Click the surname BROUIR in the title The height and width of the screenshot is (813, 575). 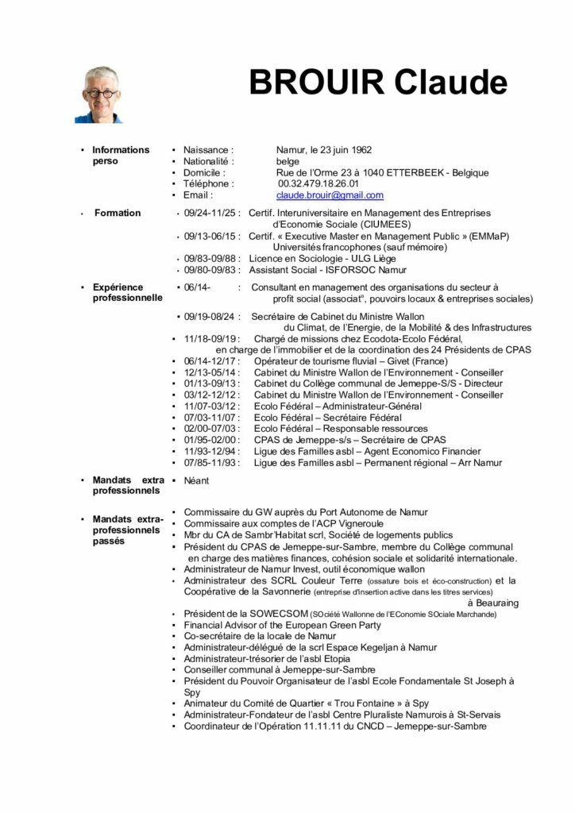tap(316, 83)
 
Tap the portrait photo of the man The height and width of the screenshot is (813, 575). tap(98, 95)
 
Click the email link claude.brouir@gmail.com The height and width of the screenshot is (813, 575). tap(330, 195)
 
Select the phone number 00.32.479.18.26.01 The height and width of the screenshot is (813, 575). tap(318, 183)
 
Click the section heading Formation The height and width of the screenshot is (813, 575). tap(117, 213)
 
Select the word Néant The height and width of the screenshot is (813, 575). tap(195, 480)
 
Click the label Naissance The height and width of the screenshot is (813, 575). tap(207, 149)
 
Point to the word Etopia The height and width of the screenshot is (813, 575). tap(316, 659)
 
